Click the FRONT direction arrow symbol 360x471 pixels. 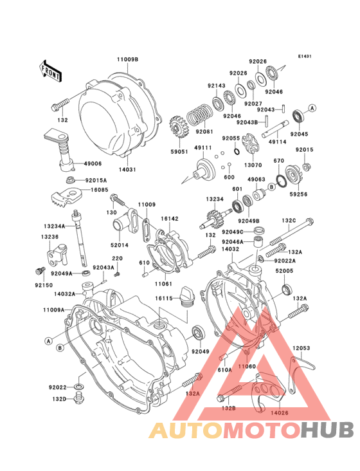[51, 69]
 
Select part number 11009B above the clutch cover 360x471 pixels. [127, 59]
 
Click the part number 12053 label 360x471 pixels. [301, 348]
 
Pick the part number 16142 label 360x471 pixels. [170, 219]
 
